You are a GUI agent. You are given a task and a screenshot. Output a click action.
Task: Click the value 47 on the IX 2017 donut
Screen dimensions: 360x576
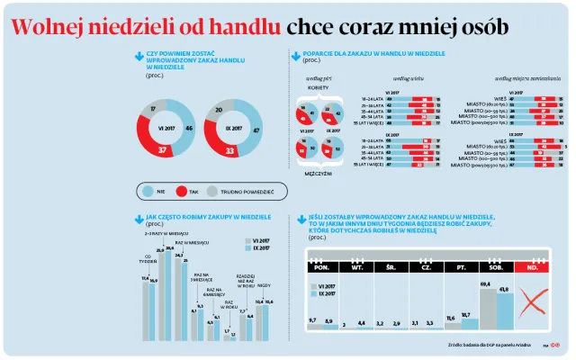point(257,130)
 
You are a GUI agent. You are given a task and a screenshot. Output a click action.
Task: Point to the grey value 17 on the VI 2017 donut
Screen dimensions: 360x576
point(154,109)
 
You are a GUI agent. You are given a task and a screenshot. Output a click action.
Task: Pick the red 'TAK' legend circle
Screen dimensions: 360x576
point(181,192)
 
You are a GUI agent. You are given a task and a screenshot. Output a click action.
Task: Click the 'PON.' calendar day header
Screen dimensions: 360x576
point(318,267)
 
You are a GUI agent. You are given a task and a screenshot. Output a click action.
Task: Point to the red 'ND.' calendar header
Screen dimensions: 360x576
point(533,267)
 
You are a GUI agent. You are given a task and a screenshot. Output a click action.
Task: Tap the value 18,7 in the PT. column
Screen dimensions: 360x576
point(466,315)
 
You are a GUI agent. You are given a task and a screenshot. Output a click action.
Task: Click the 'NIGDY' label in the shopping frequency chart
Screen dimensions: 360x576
point(265,286)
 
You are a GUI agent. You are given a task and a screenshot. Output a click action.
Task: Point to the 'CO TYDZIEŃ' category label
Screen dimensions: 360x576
point(147,262)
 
